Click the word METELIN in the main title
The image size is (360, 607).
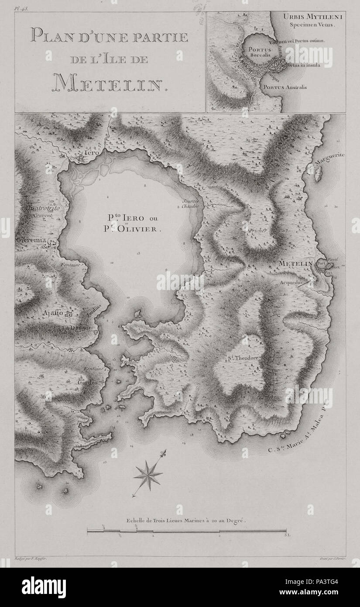tap(110, 82)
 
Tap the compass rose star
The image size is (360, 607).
tap(148, 475)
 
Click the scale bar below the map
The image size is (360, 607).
tap(187, 531)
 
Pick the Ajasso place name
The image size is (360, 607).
tap(51, 313)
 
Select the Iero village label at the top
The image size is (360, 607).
tap(98, 153)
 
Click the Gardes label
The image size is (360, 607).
tap(87, 381)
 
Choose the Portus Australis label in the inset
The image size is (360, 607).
tap(285, 87)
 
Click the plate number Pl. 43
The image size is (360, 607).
tap(21, 8)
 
